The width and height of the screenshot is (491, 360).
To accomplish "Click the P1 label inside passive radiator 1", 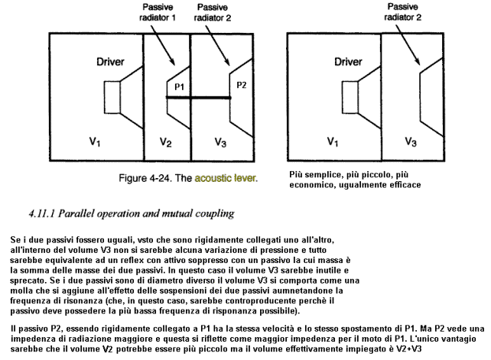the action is point(179,86).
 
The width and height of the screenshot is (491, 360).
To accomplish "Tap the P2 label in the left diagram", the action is point(242,85).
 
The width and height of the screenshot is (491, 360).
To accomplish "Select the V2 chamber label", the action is point(166,142).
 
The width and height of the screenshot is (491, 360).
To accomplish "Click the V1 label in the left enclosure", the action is point(95,142).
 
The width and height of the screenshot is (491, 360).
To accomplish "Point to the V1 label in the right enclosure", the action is point(333,142).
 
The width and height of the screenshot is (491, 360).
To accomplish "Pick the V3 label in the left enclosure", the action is point(220,142).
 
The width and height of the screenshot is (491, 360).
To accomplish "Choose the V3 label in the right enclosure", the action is point(411,142).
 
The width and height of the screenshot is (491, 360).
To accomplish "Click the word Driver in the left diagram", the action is point(110,62).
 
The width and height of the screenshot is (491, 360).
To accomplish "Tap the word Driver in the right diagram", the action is point(348,62).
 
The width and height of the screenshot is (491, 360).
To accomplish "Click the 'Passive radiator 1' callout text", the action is point(158,12).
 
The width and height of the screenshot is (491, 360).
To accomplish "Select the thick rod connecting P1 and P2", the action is point(199,98).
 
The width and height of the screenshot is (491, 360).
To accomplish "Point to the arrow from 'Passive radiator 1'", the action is point(163,45).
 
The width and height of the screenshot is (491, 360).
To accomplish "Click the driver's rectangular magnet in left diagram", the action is point(112,97).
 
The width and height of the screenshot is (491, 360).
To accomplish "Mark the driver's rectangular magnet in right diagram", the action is point(350,97).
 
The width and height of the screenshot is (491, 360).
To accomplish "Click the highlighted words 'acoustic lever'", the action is point(226,178).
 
